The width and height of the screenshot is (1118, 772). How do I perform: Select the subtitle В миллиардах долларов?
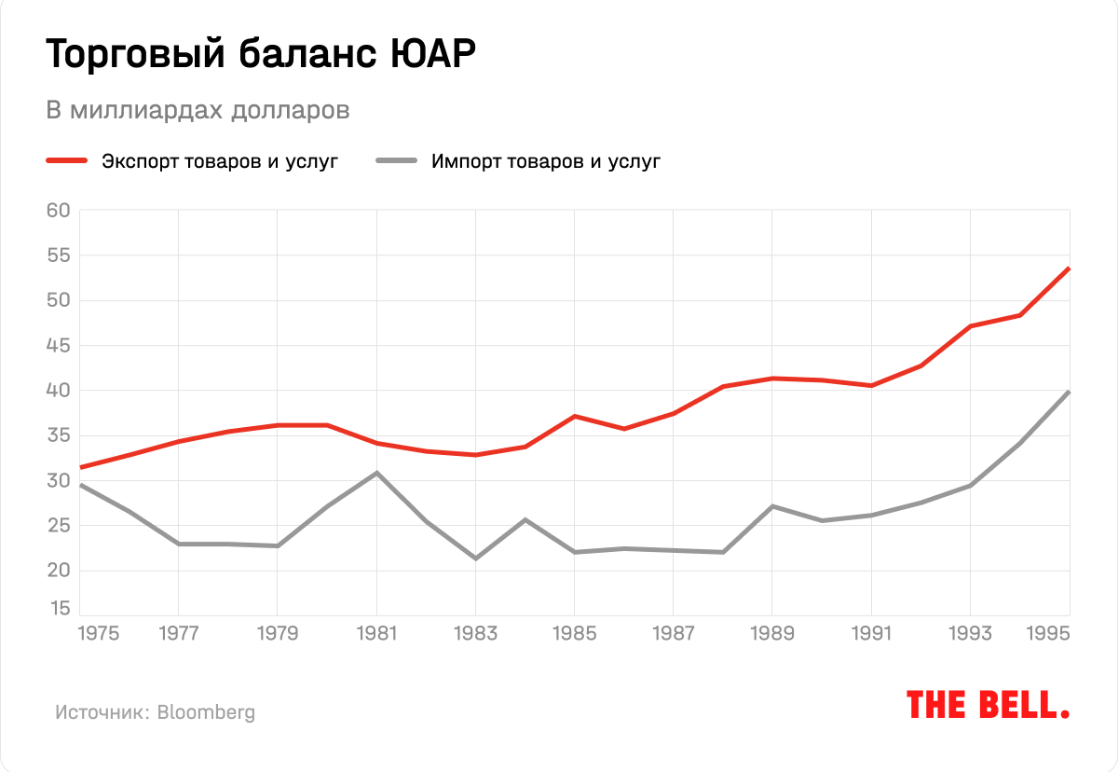pyautogui.click(x=198, y=110)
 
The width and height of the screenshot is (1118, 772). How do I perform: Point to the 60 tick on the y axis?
pyautogui.click(x=59, y=210)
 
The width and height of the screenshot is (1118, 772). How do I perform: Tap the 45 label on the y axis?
pyautogui.click(x=59, y=346)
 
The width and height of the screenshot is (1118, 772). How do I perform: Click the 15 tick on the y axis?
pyautogui.click(x=59, y=609)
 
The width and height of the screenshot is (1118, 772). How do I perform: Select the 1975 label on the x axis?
pyautogui.click(x=99, y=634)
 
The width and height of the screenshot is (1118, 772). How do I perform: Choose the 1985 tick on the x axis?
pyautogui.click(x=574, y=634)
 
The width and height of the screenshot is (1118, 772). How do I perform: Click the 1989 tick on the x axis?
pyautogui.click(x=772, y=634)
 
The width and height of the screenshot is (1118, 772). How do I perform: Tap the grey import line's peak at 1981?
pyautogui.click(x=376, y=473)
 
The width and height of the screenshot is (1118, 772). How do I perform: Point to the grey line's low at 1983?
pyautogui.click(x=475, y=558)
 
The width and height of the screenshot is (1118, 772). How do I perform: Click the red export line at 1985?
pyautogui.click(x=575, y=416)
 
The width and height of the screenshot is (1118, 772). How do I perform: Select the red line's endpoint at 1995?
pyautogui.click(x=1069, y=269)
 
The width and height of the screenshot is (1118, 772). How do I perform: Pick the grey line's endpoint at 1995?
pyautogui.click(x=1069, y=392)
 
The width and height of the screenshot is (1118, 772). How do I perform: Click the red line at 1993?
pyautogui.click(x=970, y=326)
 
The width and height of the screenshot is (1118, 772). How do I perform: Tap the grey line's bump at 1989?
pyautogui.click(x=772, y=506)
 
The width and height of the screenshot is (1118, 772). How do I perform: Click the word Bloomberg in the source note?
pyautogui.click(x=206, y=712)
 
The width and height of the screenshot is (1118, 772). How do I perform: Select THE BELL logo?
pyautogui.click(x=988, y=705)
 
